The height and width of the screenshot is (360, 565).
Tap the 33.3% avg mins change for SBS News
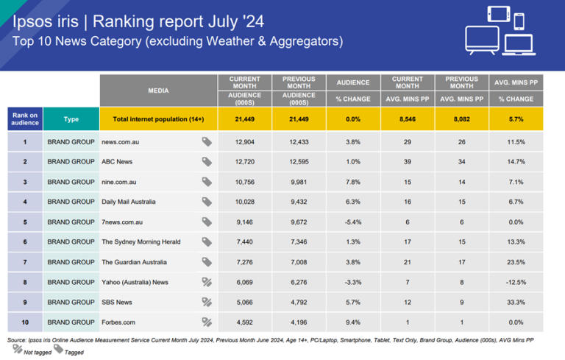(515, 301)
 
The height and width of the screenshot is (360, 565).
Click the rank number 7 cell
(24, 261)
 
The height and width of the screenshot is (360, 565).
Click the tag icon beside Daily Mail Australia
(207, 202)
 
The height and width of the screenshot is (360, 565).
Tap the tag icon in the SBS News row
(207, 301)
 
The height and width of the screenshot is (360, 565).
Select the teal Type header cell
(71, 119)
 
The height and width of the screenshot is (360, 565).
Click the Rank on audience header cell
(24, 119)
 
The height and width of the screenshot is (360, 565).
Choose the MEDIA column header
(158, 91)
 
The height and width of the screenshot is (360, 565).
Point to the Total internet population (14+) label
(158, 119)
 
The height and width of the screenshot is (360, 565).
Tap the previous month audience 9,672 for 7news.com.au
(298, 222)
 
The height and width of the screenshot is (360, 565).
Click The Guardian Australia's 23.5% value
(515, 261)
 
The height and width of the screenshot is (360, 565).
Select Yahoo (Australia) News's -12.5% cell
(515, 281)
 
